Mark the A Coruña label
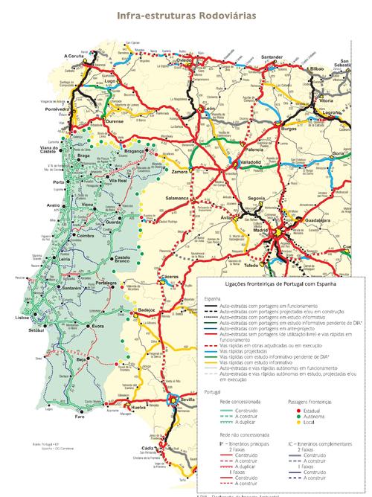tap(74, 56)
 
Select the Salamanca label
tap(179, 199)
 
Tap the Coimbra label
tap(89, 236)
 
